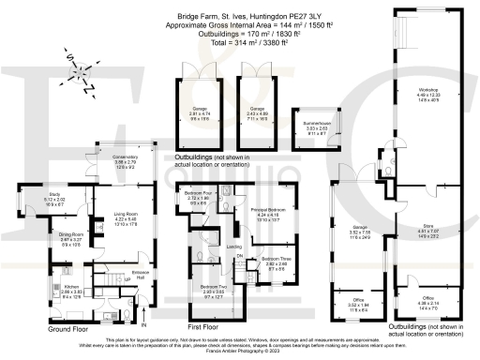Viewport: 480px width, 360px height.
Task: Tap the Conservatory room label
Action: (125, 162)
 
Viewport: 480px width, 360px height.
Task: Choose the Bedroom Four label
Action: (202, 200)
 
